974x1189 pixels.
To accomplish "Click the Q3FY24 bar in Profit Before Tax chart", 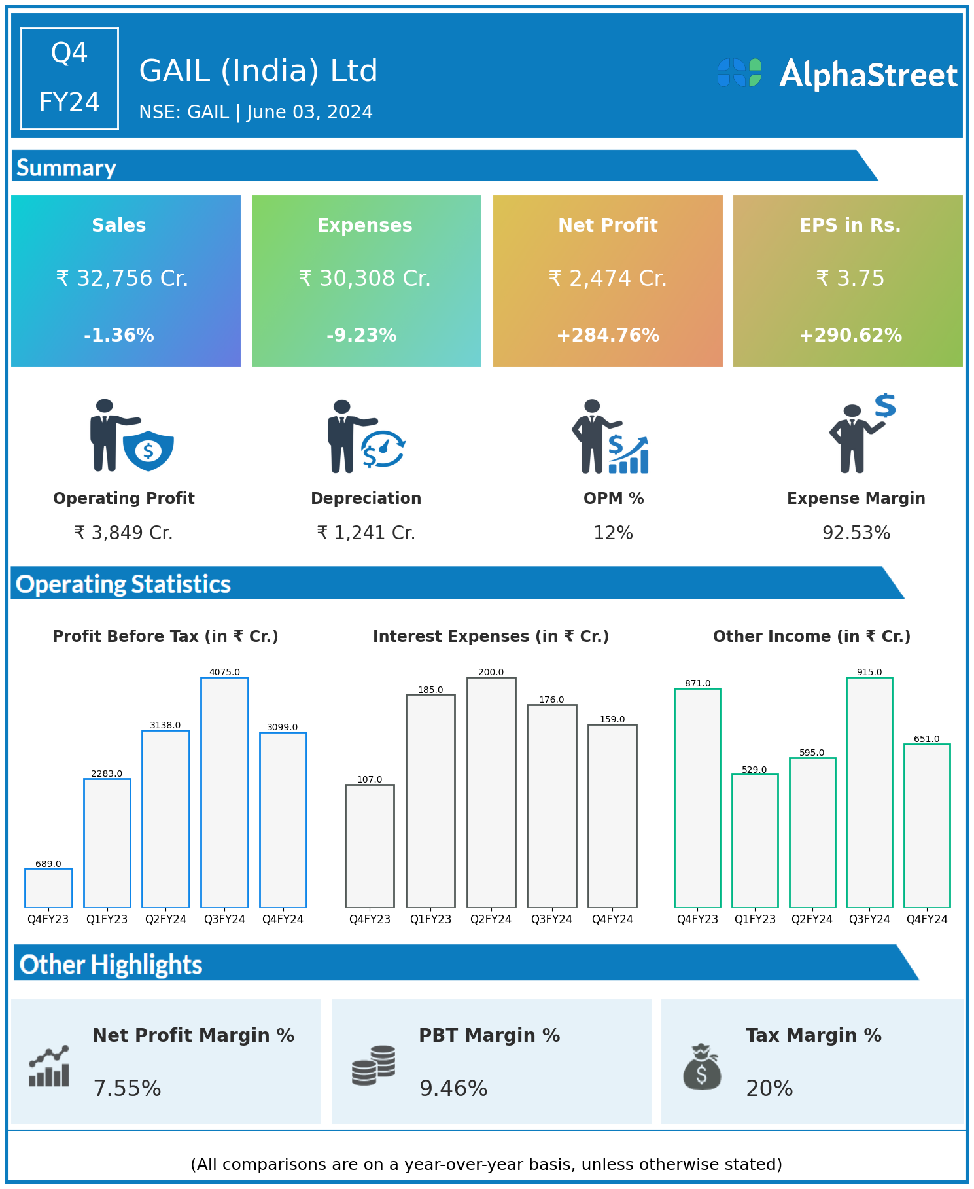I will coord(224,792).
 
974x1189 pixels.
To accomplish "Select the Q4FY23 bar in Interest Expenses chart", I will coord(370,845).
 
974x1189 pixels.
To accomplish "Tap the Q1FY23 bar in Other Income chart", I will coord(755,840).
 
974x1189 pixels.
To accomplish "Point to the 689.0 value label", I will coord(48,864).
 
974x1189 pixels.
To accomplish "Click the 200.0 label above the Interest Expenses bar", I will coord(491,672).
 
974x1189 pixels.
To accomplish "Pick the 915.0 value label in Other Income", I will coord(869,672).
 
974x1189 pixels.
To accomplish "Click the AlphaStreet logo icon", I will coord(739,73).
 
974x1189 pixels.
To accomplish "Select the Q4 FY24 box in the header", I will coord(69,79).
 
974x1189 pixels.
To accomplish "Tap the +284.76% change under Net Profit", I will coord(608,336).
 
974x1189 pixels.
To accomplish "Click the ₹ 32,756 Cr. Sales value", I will coord(122,279).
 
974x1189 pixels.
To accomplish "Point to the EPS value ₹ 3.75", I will coord(850,279).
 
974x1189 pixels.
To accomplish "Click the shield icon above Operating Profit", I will coord(148,450).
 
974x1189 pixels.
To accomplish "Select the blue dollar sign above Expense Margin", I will coord(885,406).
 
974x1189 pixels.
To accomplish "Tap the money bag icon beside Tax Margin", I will coord(702,1067).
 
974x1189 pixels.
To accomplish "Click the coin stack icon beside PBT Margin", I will coord(374,1066).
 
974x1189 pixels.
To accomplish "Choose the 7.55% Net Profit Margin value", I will coord(127,1088).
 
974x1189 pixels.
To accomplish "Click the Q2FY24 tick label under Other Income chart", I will coord(812,919).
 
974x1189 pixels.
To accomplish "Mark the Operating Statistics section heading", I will coord(124,584).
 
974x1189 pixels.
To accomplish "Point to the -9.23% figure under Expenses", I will coord(362,336).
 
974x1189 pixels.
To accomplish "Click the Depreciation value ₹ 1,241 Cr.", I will coord(366,533).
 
